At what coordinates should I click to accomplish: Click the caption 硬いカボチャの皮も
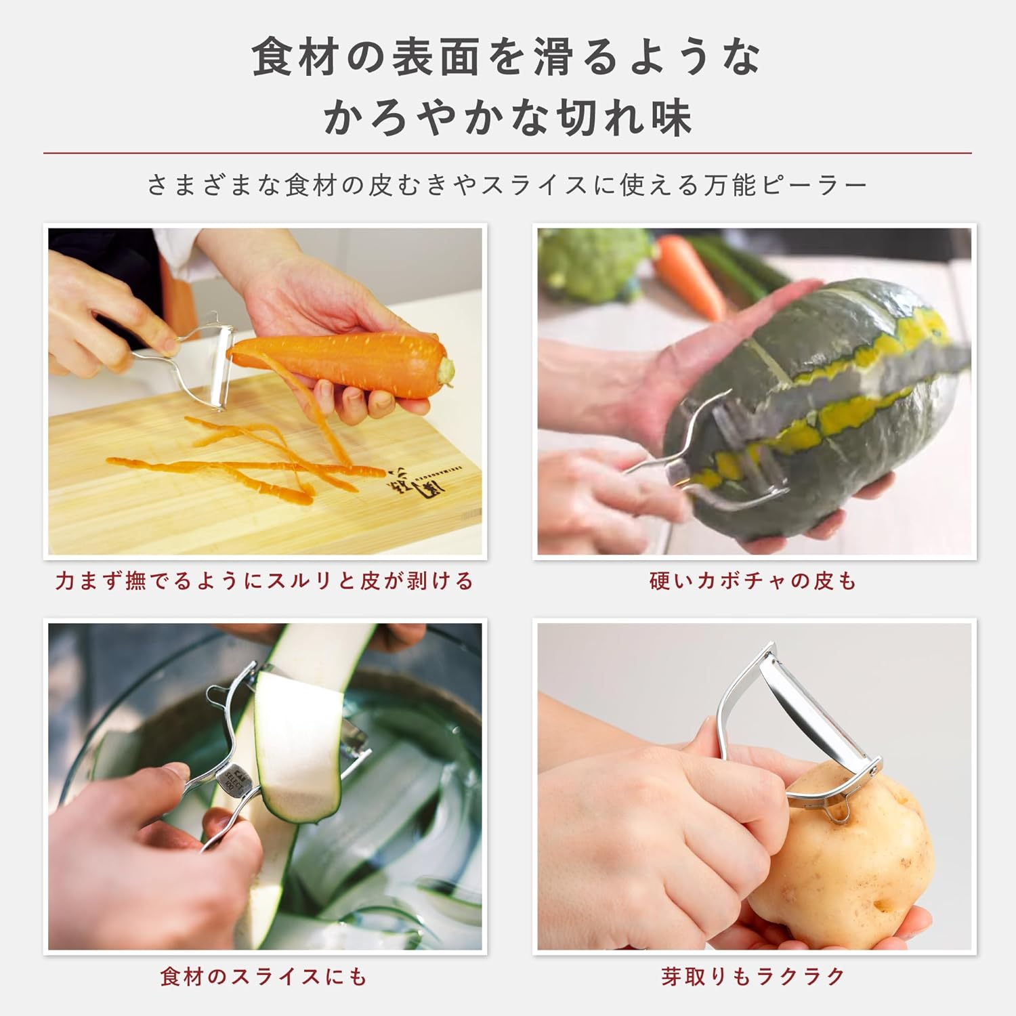click(x=753, y=581)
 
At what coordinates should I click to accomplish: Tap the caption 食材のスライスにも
click(x=264, y=976)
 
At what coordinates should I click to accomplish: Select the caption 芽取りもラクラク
click(x=753, y=976)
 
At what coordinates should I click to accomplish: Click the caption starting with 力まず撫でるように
click(x=264, y=581)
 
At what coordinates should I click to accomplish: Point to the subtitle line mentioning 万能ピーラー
click(x=507, y=185)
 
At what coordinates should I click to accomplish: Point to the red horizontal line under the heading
click(x=507, y=153)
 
